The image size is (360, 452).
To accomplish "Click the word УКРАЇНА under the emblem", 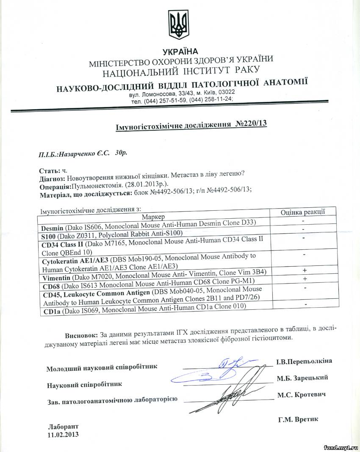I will coord(179,52).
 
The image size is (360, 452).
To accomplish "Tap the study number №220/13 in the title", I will coord(251,124).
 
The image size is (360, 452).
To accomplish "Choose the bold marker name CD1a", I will coord(53,312).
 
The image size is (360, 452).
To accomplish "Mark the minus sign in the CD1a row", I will coord(305,304).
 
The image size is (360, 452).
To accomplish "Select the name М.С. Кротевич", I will coord(302,394).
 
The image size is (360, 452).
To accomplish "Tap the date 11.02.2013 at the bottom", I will coord(64,434).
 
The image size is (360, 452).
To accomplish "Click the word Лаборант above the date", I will coord(63,427).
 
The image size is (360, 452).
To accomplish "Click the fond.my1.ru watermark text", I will coord(341,446).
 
